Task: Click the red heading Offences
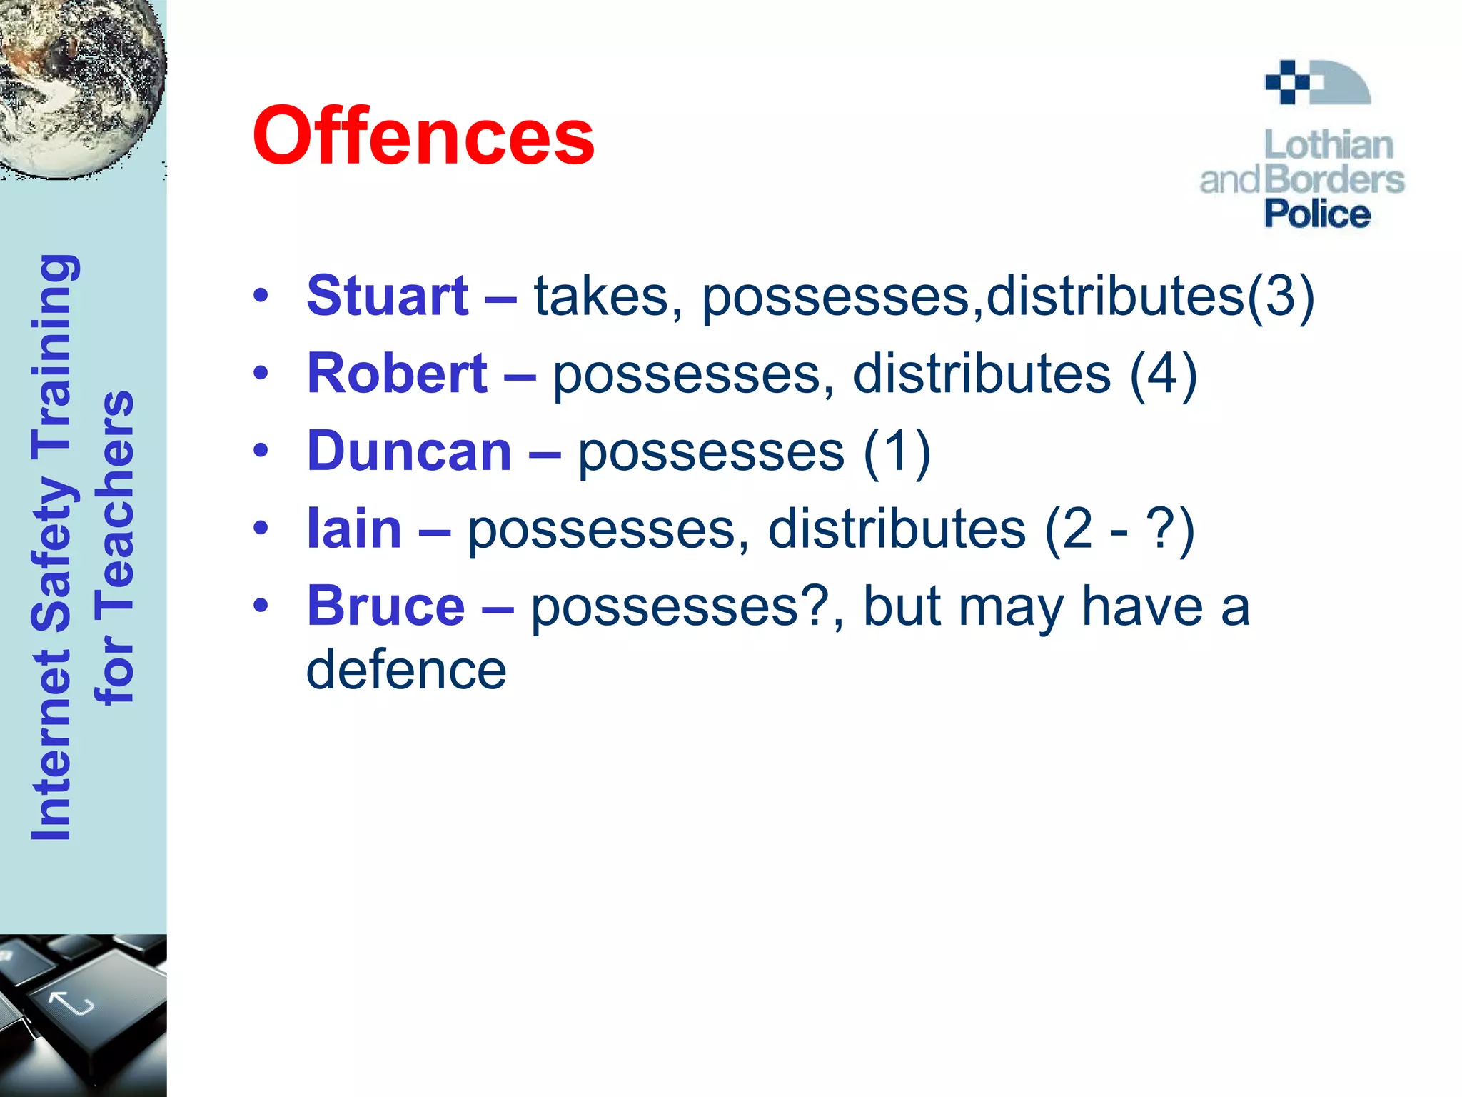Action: (423, 136)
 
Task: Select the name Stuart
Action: (387, 296)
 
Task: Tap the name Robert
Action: (397, 374)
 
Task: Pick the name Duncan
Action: (409, 451)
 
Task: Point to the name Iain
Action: (354, 529)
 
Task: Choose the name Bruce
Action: (385, 606)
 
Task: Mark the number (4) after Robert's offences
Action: (1162, 374)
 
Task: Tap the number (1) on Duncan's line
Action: (897, 451)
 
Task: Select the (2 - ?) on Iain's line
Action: (1119, 529)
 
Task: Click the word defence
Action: (406, 670)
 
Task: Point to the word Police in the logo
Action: (1317, 214)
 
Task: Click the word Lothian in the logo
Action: (1329, 145)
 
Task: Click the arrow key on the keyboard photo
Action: (71, 1003)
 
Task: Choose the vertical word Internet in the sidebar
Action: (51, 743)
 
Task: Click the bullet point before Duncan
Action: (261, 451)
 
